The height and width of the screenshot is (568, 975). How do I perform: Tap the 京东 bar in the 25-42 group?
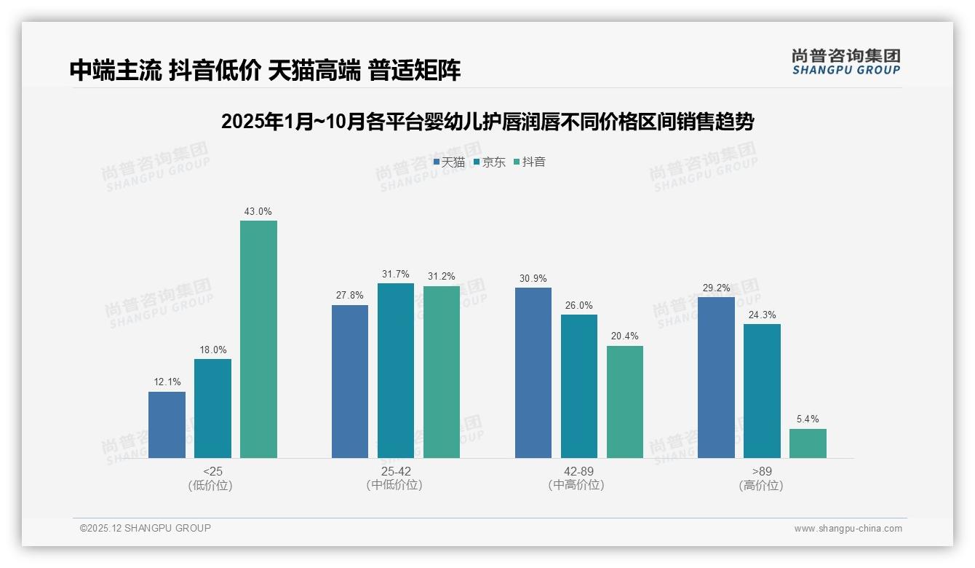tap(395, 371)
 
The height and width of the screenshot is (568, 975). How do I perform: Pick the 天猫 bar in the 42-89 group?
tap(533, 373)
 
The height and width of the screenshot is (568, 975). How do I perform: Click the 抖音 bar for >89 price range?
tap(808, 443)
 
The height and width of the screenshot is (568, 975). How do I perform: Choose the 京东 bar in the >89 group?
tap(762, 391)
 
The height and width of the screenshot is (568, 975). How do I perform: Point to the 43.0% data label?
tap(258, 212)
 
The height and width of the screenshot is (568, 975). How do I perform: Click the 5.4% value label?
tap(808, 419)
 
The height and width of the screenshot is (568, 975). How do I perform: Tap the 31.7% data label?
tap(395, 275)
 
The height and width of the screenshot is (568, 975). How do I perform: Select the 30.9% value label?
tap(533, 279)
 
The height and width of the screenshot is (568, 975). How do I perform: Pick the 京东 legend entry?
tap(490, 162)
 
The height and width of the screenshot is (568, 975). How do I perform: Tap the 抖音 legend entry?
tap(530, 162)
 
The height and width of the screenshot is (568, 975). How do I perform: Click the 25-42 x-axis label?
tap(395, 472)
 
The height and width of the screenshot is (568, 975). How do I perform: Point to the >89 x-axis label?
tap(762, 472)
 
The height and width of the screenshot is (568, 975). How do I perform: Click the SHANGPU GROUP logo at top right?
tap(845, 62)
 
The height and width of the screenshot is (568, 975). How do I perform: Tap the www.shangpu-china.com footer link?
tap(848, 529)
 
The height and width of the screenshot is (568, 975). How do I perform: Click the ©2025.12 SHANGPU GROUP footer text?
tap(146, 528)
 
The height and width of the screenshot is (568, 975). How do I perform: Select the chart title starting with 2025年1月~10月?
tap(487, 122)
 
